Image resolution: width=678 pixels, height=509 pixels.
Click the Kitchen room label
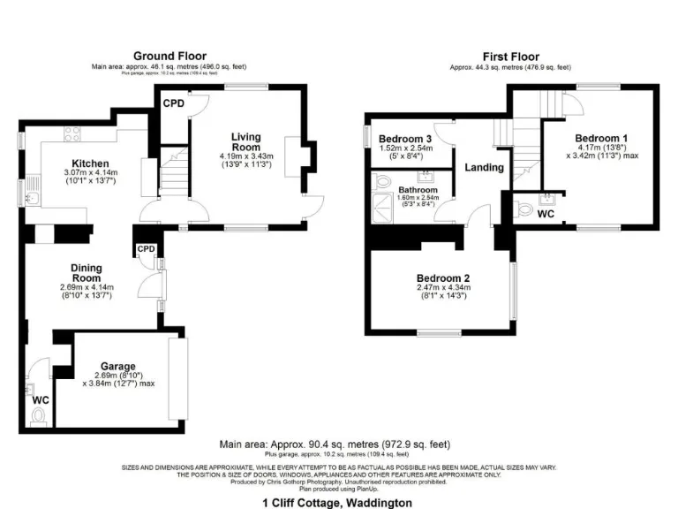(90, 163)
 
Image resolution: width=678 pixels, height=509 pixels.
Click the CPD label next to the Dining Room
(146, 249)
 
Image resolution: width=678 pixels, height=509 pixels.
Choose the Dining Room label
(87, 273)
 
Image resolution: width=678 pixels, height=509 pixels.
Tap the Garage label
(117, 366)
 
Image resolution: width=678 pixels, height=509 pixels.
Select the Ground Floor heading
(169, 56)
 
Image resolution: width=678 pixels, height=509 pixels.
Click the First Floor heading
(509, 56)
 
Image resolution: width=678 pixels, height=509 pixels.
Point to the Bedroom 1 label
(601, 138)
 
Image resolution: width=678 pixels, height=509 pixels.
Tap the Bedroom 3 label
(405, 140)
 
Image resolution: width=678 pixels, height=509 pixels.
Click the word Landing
(484, 167)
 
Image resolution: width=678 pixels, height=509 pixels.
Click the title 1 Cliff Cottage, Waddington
(337, 502)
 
